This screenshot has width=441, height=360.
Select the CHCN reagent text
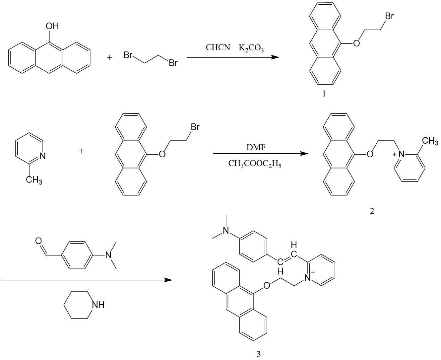[x=218, y=48]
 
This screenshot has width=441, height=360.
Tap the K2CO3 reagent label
[x=251, y=48]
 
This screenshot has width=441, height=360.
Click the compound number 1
[x=324, y=94]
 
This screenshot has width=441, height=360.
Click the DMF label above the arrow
[x=256, y=147]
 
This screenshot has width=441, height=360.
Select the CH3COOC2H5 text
[x=254, y=164]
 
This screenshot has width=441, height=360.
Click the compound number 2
[x=372, y=211]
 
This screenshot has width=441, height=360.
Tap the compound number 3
[x=259, y=354]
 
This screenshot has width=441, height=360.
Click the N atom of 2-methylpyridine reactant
[x=42, y=156]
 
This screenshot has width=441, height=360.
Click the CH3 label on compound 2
[x=430, y=141]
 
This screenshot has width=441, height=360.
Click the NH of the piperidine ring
[x=98, y=305]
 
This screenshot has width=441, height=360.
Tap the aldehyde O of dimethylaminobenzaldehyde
[x=38, y=240]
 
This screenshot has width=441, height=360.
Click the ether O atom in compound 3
[x=267, y=285]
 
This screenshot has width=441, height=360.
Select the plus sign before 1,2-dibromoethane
[x=109, y=58]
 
